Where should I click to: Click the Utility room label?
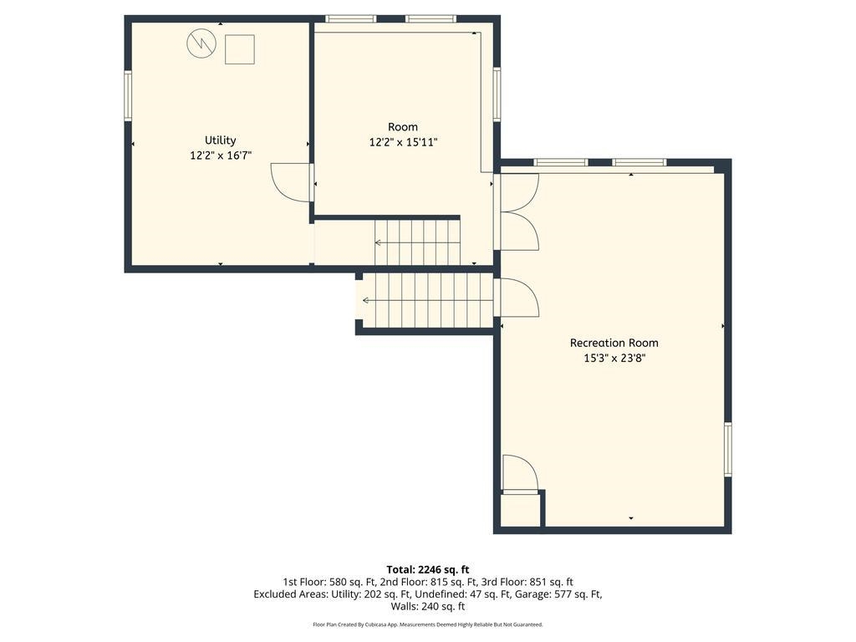[220, 140]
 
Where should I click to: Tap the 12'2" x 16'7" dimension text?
[221, 155]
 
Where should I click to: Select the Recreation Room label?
[614, 343]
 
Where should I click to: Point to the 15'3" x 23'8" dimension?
[614, 358]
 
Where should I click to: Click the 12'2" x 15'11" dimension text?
[403, 142]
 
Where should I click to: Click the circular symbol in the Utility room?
[201, 43]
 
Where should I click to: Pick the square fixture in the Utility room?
[240, 49]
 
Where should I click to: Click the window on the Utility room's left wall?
[128, 95]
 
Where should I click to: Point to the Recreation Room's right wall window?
[728, 449]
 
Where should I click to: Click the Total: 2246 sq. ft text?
[428, 570]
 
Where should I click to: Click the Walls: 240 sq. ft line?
[428, 606]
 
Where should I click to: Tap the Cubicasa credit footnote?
[428, 624]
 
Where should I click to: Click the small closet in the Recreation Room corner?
[521, 511]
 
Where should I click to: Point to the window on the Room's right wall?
[497, 94]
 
